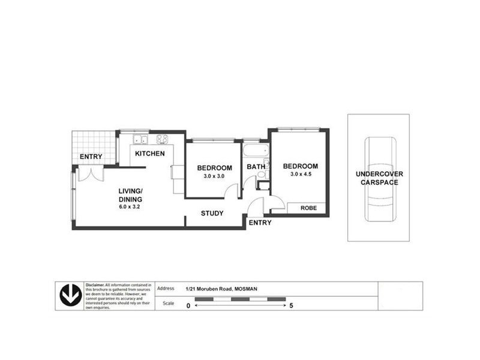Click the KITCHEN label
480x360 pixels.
(x=149, y=154)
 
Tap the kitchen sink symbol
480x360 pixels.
(x=140, y=140)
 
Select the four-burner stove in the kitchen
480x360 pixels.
(x=162, y=139)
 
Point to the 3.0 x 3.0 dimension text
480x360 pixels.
(x=214, y=176)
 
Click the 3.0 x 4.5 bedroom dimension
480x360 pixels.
(x=300, y=175)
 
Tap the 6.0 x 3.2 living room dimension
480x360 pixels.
(x=130, y=206)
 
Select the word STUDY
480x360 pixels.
(x=212, y=213)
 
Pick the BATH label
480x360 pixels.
(x=256, y=167)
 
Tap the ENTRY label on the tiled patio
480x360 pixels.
(x=91, y=157)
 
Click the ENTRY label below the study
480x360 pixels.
(x=260, y=223)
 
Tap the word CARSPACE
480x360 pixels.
(x=379, y=182)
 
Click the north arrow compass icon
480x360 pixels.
(x=71, y=296)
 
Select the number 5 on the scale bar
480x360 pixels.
(x=291, y=305)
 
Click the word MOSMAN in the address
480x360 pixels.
(x=247, y=289)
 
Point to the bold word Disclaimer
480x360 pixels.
(x=95, y=285)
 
